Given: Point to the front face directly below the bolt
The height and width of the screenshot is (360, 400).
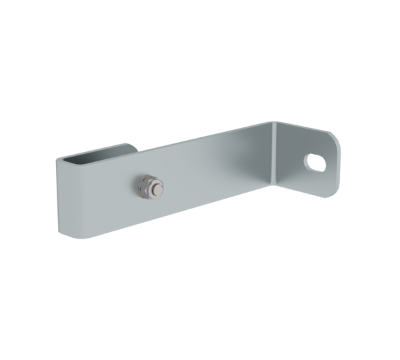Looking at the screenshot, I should click(x=148, y=212).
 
